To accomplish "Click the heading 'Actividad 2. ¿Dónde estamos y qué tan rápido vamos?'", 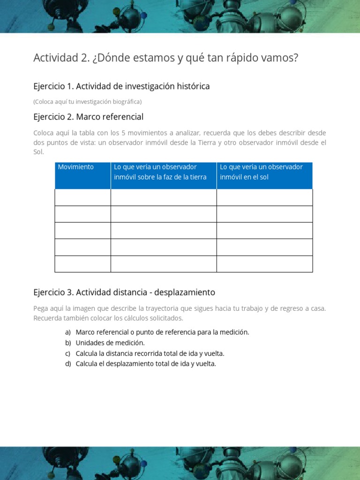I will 165,58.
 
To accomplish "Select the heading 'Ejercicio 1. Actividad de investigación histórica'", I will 121,86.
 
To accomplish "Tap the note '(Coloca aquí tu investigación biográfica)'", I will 87,101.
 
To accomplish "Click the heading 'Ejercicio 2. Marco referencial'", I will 88,116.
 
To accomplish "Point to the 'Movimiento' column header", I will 76,167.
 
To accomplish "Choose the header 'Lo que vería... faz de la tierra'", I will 160,172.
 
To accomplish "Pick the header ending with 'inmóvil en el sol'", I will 262,172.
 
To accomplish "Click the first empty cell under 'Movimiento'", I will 82,197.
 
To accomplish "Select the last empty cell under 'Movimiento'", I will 82,264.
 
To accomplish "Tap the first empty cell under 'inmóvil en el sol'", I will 264,197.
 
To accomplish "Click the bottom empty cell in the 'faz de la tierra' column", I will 164,264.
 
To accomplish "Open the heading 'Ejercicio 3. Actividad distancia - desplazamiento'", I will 124,292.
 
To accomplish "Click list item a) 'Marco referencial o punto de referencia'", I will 162,332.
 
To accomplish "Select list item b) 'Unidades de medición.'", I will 110,343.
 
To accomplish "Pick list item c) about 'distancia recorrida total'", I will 150,353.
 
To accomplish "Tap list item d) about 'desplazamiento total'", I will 146,364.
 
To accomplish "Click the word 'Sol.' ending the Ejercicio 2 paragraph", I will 38,152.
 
